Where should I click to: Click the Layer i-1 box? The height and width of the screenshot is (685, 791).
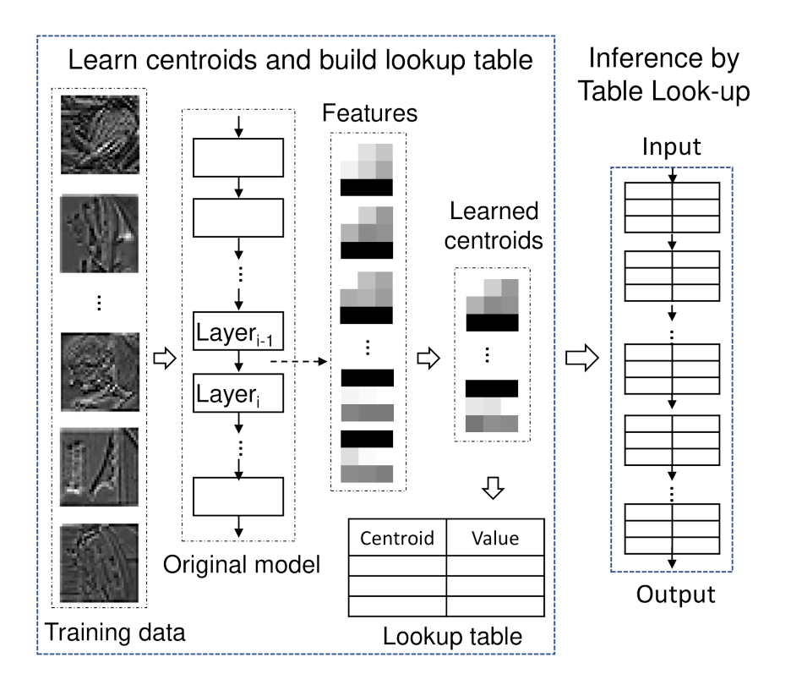239,332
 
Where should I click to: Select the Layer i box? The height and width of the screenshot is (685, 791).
239,393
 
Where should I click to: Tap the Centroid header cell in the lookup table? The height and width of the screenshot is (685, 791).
397,538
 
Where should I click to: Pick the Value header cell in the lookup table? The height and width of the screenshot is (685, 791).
495,538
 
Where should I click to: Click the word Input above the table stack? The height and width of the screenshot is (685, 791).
672,146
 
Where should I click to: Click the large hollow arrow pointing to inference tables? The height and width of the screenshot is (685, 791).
581,359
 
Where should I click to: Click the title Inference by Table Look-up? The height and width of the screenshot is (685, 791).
663,74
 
